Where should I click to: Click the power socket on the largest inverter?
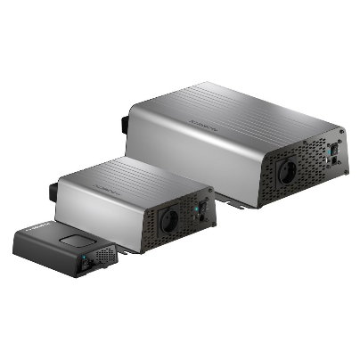(291, 170)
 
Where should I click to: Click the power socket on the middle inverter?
(169, 222)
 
